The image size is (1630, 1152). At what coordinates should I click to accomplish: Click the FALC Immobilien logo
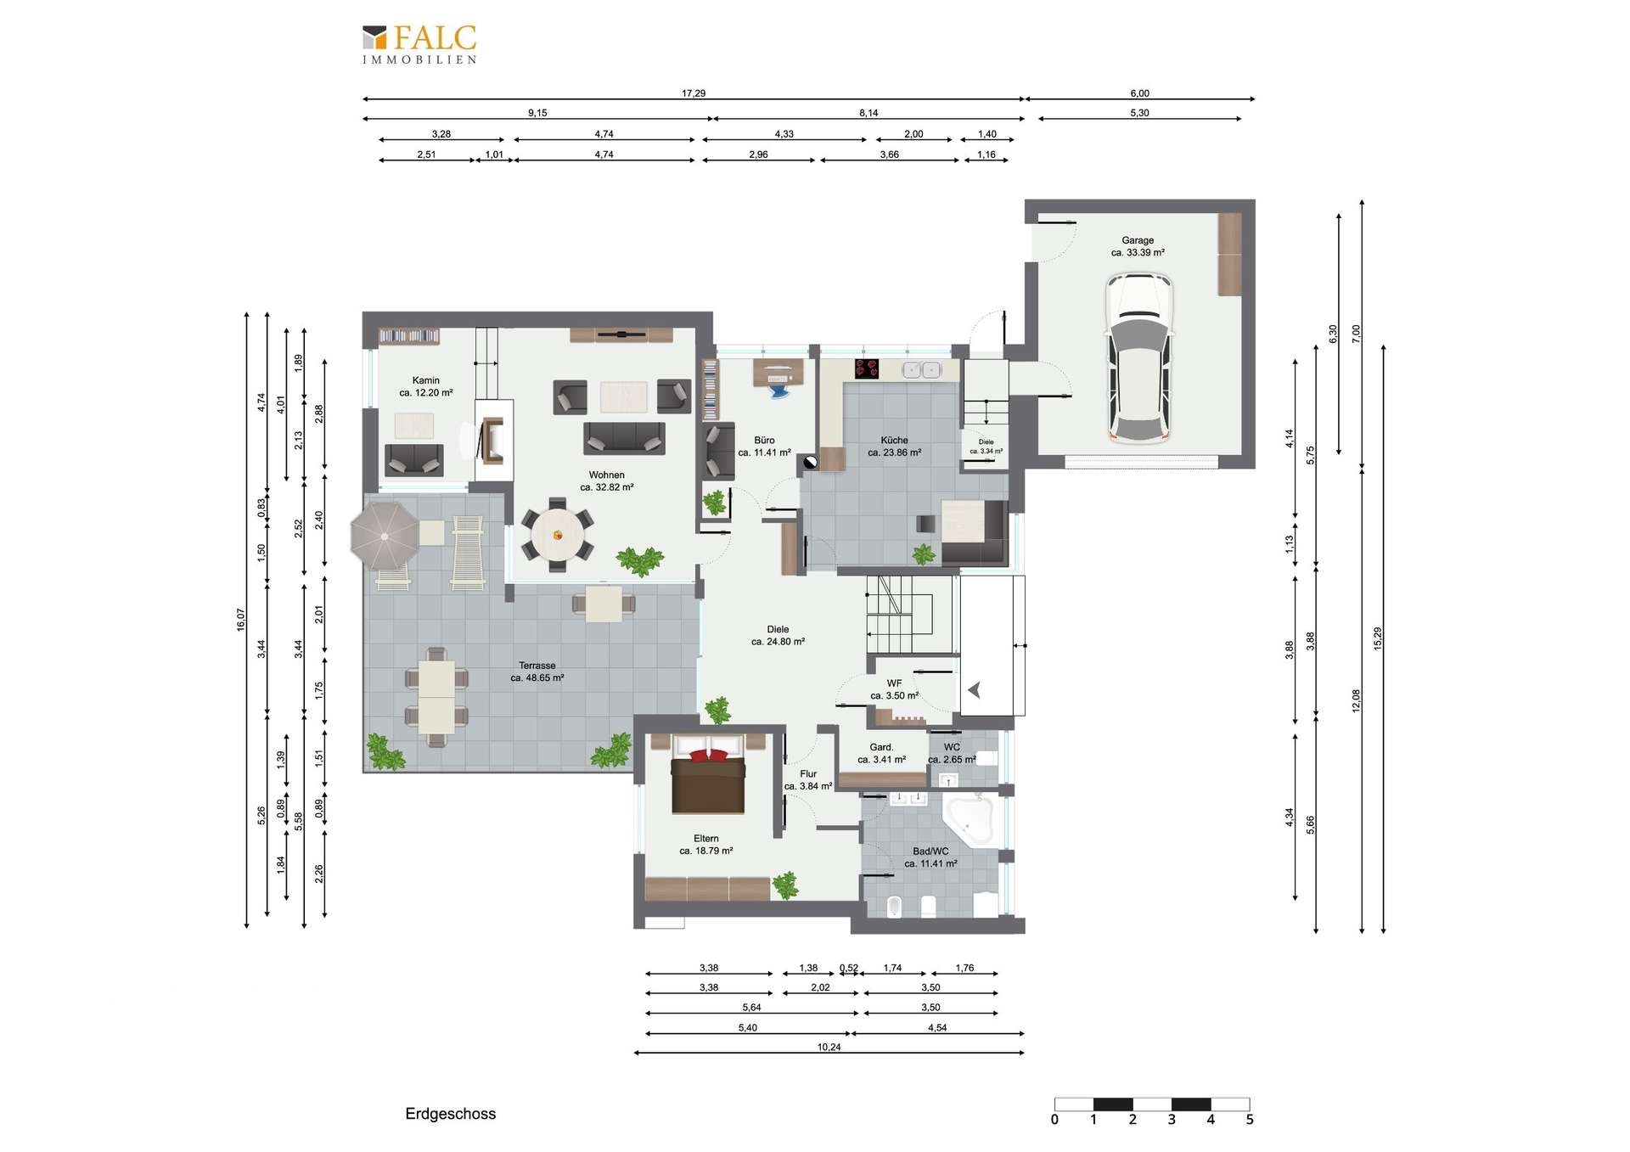coord(419,44)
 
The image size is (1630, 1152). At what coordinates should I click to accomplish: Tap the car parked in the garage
coord(1138,357)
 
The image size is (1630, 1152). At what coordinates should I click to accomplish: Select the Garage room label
coord(1138,246)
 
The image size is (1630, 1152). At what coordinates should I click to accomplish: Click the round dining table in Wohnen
coord(558,535)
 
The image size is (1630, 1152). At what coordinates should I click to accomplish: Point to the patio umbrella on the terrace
coord(385,537)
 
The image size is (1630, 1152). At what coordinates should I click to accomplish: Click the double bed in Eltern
coord(708,775)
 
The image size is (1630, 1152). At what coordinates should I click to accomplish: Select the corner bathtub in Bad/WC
coord(970,819)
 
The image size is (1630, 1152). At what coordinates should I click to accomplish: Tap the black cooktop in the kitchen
coord(867,368)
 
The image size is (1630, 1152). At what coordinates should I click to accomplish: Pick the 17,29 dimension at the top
coord(694,93)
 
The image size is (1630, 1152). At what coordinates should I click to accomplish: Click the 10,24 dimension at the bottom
coord(829,1047)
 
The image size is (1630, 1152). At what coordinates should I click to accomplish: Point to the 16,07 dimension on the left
coord(241,620)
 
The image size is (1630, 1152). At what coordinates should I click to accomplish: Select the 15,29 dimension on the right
coord(1377,638)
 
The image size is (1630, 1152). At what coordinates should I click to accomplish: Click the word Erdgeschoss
coord(450,1114)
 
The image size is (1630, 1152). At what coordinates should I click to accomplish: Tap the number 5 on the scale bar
coord(1250,1120)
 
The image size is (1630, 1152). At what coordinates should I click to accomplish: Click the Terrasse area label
coord(537,672)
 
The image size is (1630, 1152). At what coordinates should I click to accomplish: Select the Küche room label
coord(894,447)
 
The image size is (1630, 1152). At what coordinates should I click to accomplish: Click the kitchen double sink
coord(921,370)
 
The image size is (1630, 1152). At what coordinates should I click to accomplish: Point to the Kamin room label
coord(426,386)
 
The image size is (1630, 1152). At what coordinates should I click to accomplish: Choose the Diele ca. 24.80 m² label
coord(778,636)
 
